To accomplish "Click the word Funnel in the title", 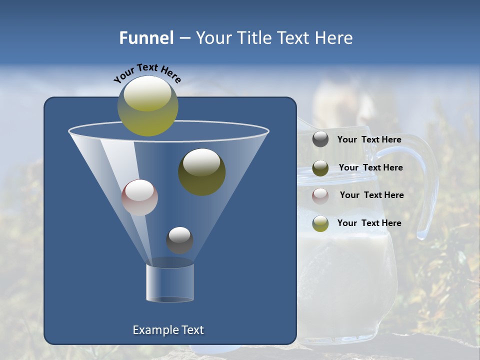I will pyautogui.click(x=146, y=38).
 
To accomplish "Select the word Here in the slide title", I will pyautogui.click(x=334, y=38).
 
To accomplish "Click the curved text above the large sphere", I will pyautogui.click(x=147, y=73).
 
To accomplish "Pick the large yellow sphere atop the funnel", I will pyautogui.click(x=148, y=106).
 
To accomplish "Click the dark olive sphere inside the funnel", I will pyautogui.click(x=202, y=171).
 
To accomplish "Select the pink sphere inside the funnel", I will pyautogui.click(x=139, y=197).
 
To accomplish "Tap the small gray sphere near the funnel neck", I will pyautogui.click(x=179, y=240).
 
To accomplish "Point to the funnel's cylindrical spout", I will pyautogui.click(x=170, y=282).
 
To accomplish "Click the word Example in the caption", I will pyautogui.click(x=151, y=330).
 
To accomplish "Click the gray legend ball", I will pyautogui.click(x=320, y=139).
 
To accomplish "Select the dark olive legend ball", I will pyautogui.click(x=320, y=168).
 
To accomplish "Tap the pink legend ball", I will pyautogui.click(x=320, y=195).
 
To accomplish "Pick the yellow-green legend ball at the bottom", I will pyautogui.click(x=320, y=223).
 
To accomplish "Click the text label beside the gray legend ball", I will pyautogui.click(x=369, y=139).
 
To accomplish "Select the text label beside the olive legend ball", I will pyautogui.click(x=370, y=167).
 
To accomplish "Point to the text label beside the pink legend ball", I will pyautogui.click(x=371, y=195).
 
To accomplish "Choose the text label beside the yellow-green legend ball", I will pyautogui.click(x=369, y=223).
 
